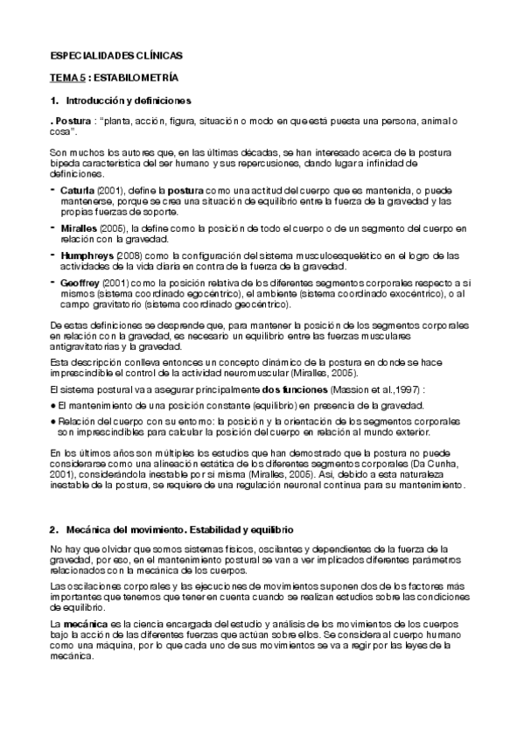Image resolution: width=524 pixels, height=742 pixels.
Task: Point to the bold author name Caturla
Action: coord(77,189)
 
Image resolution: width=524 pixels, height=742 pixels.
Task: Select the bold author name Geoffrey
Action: coord(81,282)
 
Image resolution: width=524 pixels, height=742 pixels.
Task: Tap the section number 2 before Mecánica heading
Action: coord(53,531)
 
